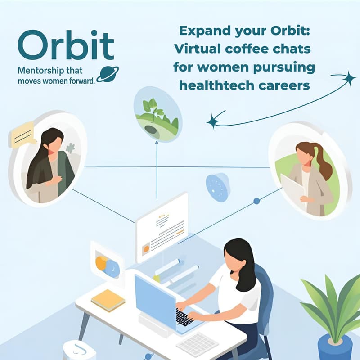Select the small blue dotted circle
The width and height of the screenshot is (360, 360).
[x=218, y=187]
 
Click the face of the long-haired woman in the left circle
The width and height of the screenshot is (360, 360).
[x=55, y=144]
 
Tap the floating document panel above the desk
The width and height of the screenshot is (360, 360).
[x=162, y=227]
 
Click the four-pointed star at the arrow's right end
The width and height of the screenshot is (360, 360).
[x=348, y=79]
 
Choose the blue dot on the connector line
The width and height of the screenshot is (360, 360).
[x=256, y=201]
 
